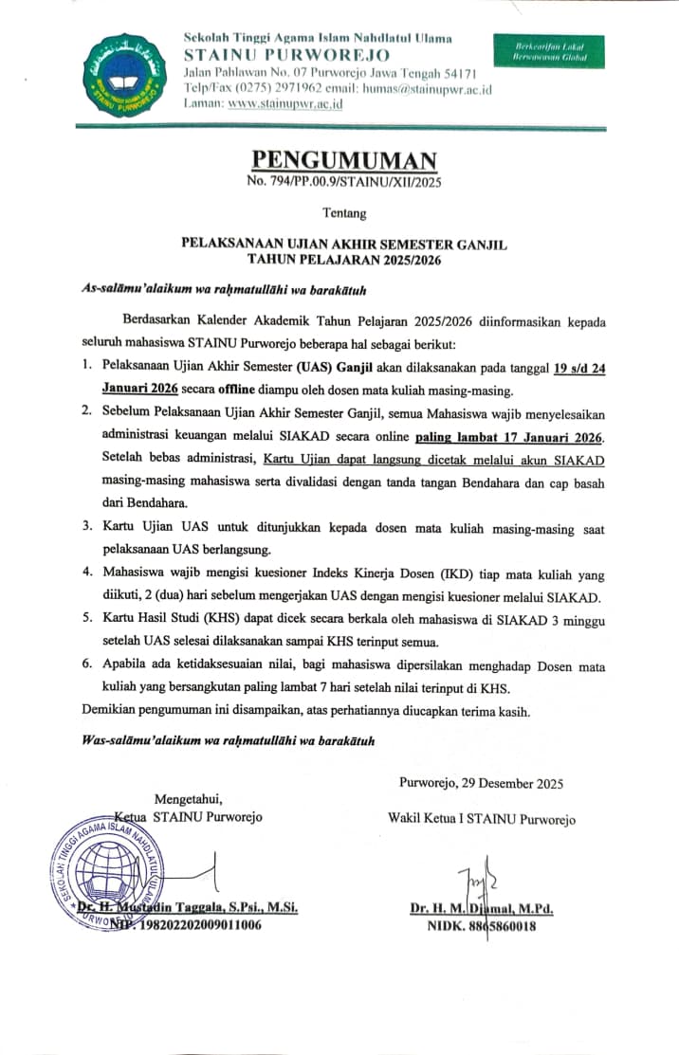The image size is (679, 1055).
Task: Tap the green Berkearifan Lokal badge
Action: click(549, 52)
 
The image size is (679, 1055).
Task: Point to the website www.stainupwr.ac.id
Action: click(279, 105)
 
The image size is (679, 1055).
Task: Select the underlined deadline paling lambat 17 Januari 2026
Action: click(509, 437)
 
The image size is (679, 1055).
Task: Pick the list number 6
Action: click(84, 667)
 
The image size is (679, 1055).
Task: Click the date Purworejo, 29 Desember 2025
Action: click(481, 783)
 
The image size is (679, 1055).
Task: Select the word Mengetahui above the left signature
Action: click(190, 798)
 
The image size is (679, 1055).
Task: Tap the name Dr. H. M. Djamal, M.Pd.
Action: click(482, 908)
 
